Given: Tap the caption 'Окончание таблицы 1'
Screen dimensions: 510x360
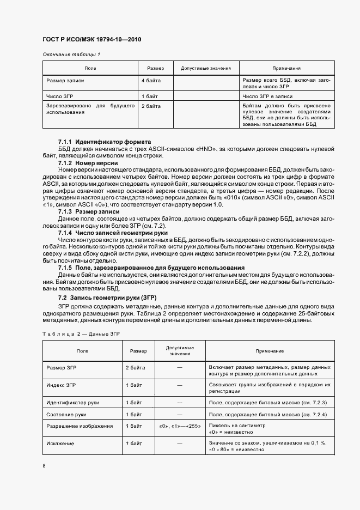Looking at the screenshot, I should [x=71, y=54].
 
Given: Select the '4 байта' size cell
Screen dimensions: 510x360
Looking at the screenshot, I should [x=150, y=81].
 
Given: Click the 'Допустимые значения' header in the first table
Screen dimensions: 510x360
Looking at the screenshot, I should [x=202, y=68].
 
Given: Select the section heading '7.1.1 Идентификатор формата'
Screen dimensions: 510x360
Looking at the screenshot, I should [x=104, y=142].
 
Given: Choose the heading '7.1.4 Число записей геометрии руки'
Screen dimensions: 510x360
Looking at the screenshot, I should [x=114, y=232].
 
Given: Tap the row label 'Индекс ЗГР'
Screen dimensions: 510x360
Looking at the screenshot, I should [x=63, y=385].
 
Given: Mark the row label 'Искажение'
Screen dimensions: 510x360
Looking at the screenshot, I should [x=60, y=444].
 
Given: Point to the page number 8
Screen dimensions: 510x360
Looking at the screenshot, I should [x=44, y=466].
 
